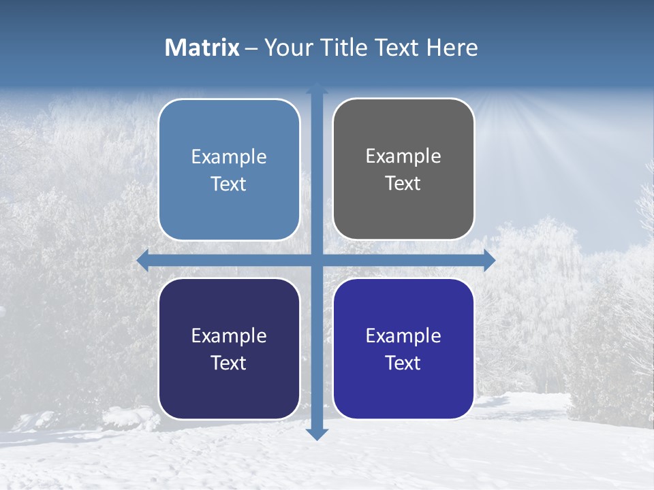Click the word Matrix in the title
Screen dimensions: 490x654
pyautogui.click(x=202, y=48)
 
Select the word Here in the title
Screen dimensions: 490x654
pyautogui.click(x=452, y=48)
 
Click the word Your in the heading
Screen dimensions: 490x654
pyautogui.click(x=289, y=48)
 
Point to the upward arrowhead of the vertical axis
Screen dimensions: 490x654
pyautogui.click(x=317, y=88)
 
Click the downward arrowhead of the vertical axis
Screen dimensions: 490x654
pyautogui.click(x=317, y=434)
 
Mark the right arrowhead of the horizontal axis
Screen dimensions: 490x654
pyautogui.click(x=489, y=261)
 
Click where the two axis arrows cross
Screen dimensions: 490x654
pyautogui.click(x=317, y=261)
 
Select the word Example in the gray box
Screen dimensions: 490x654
pyautogui.click(x=403, y=156)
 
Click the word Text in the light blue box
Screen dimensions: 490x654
pyautogui.click(x=229, y=184)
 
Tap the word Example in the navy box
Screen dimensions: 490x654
pyautogui.click(x=229, y=336)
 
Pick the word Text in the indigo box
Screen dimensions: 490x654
pyautogui.click(x=403, y=363)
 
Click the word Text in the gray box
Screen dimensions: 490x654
pyautogui.click(x=403, y=183)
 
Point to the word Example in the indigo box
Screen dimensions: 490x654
pyautogui.click(x=403, y=336)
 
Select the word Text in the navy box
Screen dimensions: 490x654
pyautogui.click(x=229, y=363)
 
